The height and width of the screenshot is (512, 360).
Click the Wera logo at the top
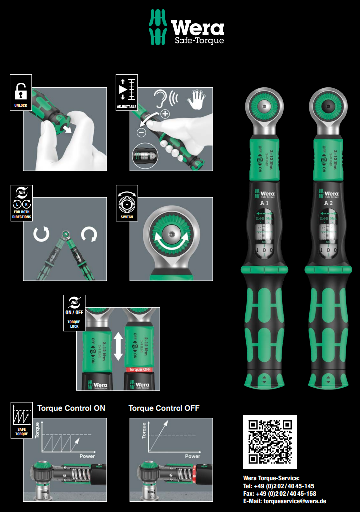click(187, 28)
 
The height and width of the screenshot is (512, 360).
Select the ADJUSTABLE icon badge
click(126, 93)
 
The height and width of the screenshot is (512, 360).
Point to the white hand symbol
click(196, 100)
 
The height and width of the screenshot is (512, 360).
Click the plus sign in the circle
click(165, 114)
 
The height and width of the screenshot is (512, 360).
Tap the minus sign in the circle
click(141, 132)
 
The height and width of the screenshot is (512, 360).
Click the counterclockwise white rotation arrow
click(42, 234)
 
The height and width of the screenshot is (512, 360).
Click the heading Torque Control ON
click(71, 408)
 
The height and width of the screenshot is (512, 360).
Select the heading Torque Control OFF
click(164, 408)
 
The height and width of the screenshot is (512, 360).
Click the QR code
click(270, 441)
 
